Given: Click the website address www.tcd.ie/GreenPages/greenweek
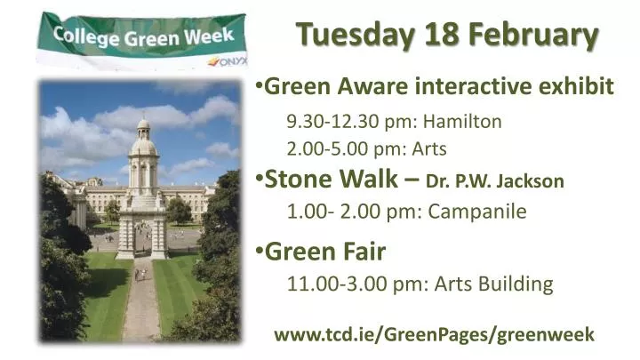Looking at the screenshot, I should point(434,334).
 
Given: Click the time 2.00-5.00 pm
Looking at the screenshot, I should point(343,148).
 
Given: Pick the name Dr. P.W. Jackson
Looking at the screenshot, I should point(494,181).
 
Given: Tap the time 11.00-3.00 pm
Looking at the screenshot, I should point(353,284).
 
